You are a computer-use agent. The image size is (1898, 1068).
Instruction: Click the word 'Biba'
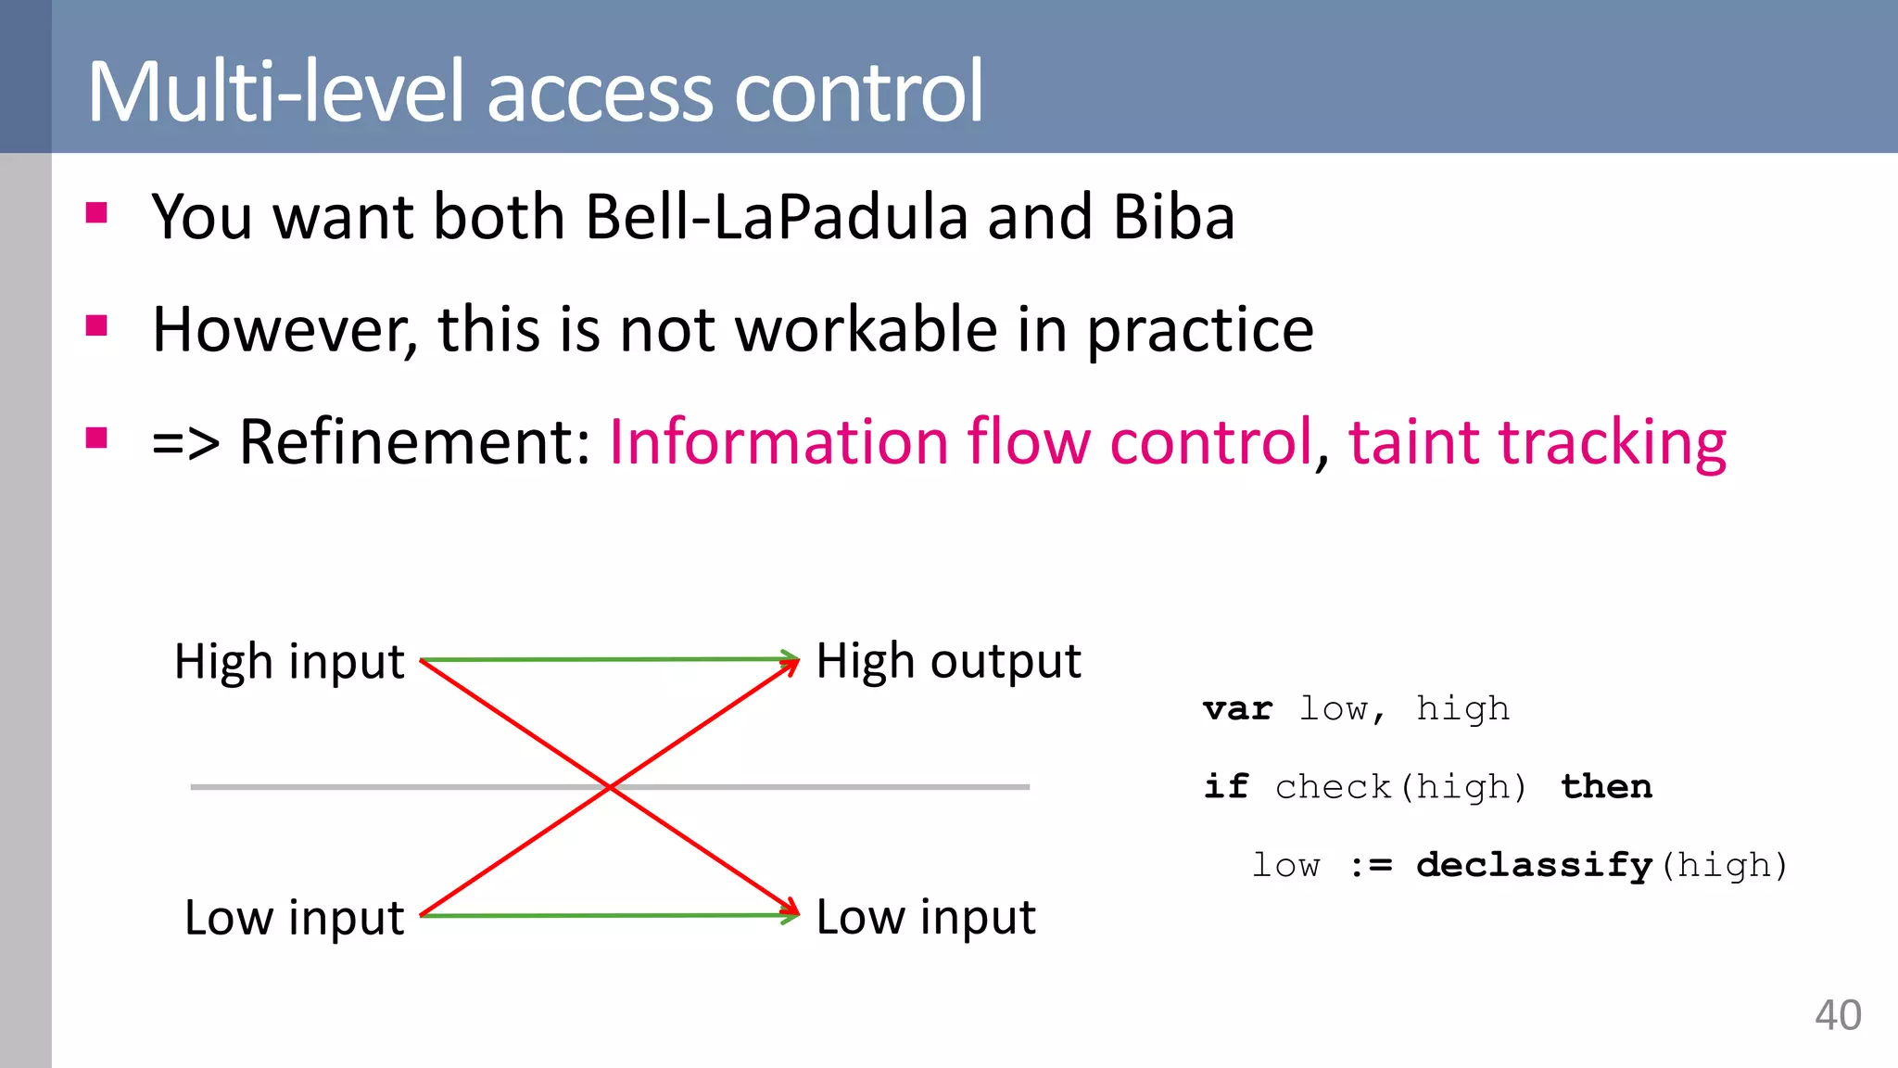click(x=1173, y=217)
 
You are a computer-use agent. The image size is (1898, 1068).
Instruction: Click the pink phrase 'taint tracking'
click(x=1537, y=441)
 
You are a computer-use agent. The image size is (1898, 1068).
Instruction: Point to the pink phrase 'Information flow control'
click(x=960, y=441)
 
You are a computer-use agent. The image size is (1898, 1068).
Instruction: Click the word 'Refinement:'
click(x=414, y=441)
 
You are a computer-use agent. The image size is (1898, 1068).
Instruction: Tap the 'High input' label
click(x=289, y=662)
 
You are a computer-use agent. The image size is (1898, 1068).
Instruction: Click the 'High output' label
click(x=948, y=662)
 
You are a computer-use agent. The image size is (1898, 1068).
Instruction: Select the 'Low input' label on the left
click(x=294, y=918)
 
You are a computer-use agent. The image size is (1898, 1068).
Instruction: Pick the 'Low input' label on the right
click(x=925, y=918)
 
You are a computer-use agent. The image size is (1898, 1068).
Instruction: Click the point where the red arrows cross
click(x=610, y=787)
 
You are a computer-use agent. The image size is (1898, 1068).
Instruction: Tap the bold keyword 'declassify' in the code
click(x=1534, y=865)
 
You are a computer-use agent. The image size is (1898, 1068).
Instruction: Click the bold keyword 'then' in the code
click(x=1606, y=786)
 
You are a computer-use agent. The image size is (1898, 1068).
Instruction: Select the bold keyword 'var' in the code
click(x=1237, y=709)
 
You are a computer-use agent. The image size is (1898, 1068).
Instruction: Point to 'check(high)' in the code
click(x=1399, y=787)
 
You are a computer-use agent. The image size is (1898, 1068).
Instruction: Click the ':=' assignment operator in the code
click(x=1371, y=866)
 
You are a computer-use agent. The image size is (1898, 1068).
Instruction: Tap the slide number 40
click(x=1837, y=1015)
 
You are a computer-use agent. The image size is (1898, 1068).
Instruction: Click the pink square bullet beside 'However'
click(x=96, y=325)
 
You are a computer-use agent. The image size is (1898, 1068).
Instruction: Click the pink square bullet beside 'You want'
click(x=96, y=213)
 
